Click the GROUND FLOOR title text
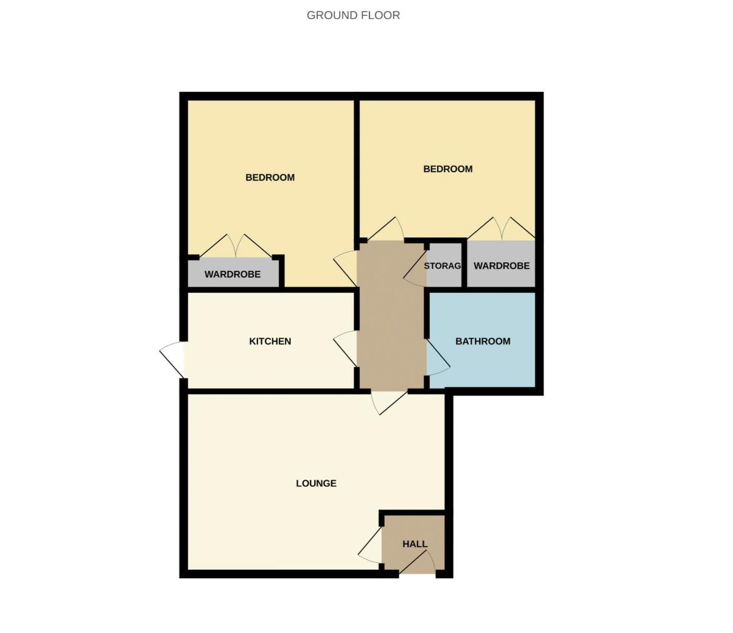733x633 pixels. tap(353, 15)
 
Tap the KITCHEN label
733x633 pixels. tap(270, 341)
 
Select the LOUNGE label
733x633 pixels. tap(316, 483)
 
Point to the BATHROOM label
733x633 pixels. tap(483, 341)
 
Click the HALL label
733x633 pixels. tap(415, 544)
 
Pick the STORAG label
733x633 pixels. tap(443, 266)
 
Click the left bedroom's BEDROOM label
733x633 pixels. tap(270, 178)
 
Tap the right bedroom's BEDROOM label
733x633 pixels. tap(447, 169)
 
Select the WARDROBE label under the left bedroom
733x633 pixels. tap(232, 275)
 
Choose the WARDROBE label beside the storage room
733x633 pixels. tap(501, 266)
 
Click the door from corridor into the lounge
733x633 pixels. tap(387, 401)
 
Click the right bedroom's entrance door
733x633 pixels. tap(386, 229)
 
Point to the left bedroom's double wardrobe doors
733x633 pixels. tap(236, 246)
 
